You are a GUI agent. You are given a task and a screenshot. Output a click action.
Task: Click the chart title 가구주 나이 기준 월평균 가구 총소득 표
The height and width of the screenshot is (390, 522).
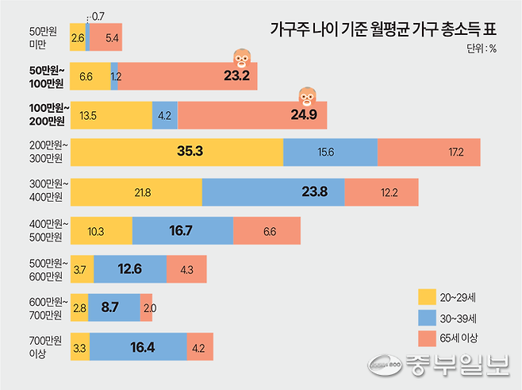click(x=378, y=29)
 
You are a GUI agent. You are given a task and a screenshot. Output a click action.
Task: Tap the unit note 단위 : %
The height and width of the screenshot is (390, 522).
click(x=479, y=48)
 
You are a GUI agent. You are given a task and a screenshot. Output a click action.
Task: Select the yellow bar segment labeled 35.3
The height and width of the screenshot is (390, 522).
click(x=176, y=153)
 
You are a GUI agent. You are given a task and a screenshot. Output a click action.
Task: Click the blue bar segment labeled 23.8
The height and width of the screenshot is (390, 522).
click(x=273, y=193)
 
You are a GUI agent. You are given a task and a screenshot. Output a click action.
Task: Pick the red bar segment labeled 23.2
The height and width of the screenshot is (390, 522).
click(x=188, y=76)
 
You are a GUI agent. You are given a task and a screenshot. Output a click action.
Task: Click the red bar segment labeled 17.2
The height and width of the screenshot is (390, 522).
click(x=428, y=153)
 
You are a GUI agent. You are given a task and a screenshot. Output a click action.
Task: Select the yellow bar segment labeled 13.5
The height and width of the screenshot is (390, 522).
click(x=110, y=115)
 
